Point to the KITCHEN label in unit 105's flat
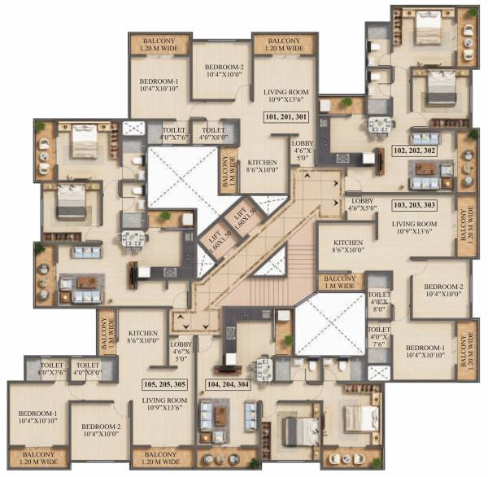(142, 335)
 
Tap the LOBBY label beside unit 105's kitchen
(181, 350)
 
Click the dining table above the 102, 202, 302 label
(379, 125)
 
